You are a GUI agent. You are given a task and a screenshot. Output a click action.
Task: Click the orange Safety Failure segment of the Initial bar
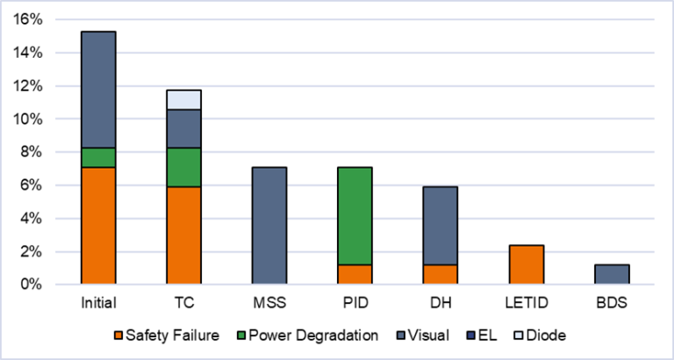click(98, 226)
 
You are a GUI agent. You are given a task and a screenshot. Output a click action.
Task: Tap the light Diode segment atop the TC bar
click(183, 100)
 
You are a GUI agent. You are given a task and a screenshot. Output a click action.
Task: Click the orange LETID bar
click(526, 264)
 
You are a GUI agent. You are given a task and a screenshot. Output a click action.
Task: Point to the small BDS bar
click(612, 274)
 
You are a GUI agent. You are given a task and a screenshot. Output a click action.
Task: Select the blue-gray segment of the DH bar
click(441, 225)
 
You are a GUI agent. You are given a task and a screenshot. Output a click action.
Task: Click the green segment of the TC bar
click(183, 167)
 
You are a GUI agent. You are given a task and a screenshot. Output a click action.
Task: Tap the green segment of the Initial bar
click(98, 157)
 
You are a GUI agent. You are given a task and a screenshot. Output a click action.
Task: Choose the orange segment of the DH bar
click(441, 274)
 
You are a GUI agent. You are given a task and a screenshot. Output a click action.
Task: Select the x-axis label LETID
click(526, 302)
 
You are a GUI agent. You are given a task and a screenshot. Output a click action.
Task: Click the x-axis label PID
click(355, 302)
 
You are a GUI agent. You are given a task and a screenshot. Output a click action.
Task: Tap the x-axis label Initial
click(98, 302)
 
